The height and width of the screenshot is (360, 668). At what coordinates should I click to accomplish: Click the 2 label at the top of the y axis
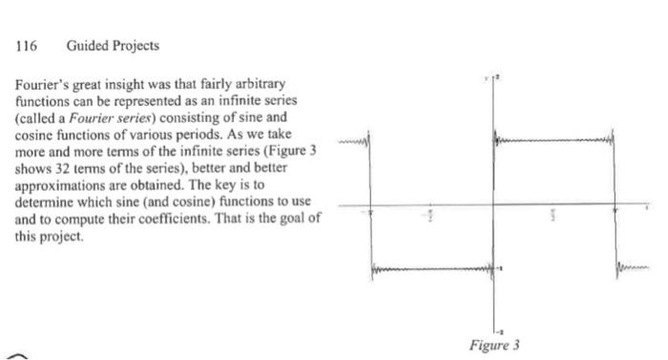pos(497,75)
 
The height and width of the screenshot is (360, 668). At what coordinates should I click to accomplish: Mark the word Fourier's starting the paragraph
pos(42,85)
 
